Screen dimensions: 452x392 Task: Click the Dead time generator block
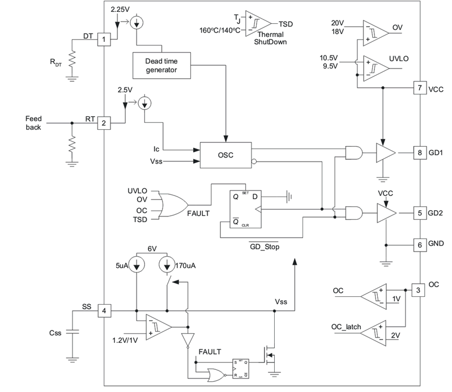(161, 66)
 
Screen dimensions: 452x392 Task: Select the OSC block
(225, 155)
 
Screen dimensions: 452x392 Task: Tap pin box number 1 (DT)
(104, 39)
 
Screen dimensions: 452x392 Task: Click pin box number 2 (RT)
(104, 123)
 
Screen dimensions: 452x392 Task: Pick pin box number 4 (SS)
(104, 311)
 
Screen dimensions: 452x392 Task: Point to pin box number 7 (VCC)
(420, 88)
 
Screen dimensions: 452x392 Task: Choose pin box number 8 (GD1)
(420, 152)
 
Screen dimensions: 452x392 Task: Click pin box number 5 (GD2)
(420, 213)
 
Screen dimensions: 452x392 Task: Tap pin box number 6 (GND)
(420, 245)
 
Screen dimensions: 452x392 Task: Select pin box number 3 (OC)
(418, 290)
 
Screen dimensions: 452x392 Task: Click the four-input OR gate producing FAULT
(173, 205)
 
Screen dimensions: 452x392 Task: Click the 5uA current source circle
(137, 265)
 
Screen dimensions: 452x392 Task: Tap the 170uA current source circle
(167, 265)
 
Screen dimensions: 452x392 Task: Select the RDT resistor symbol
(72, 59)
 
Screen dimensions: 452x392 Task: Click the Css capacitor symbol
(72, 332)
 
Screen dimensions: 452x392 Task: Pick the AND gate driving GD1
(354, 152)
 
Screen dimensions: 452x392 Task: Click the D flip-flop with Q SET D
(246, 209)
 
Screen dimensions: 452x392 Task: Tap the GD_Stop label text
(265, 247)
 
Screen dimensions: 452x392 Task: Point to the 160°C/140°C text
(220, 30)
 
